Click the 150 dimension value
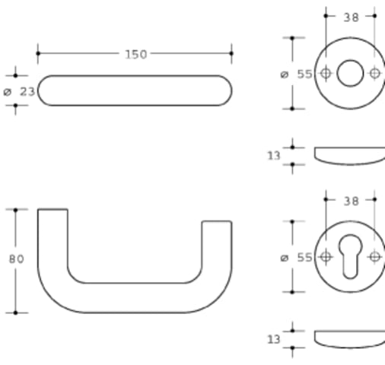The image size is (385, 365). [136, 55]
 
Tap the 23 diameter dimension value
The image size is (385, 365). [27, 92]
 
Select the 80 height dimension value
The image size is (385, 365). [17, 259]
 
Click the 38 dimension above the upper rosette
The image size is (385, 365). [352, 17]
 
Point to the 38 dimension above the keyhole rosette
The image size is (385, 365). [352, 202]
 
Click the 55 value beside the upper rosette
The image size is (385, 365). [304, 75]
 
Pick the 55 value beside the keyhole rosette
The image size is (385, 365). [304, 258]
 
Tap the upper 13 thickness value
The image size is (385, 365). [274, 156]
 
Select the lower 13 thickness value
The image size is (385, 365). [274, 339]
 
